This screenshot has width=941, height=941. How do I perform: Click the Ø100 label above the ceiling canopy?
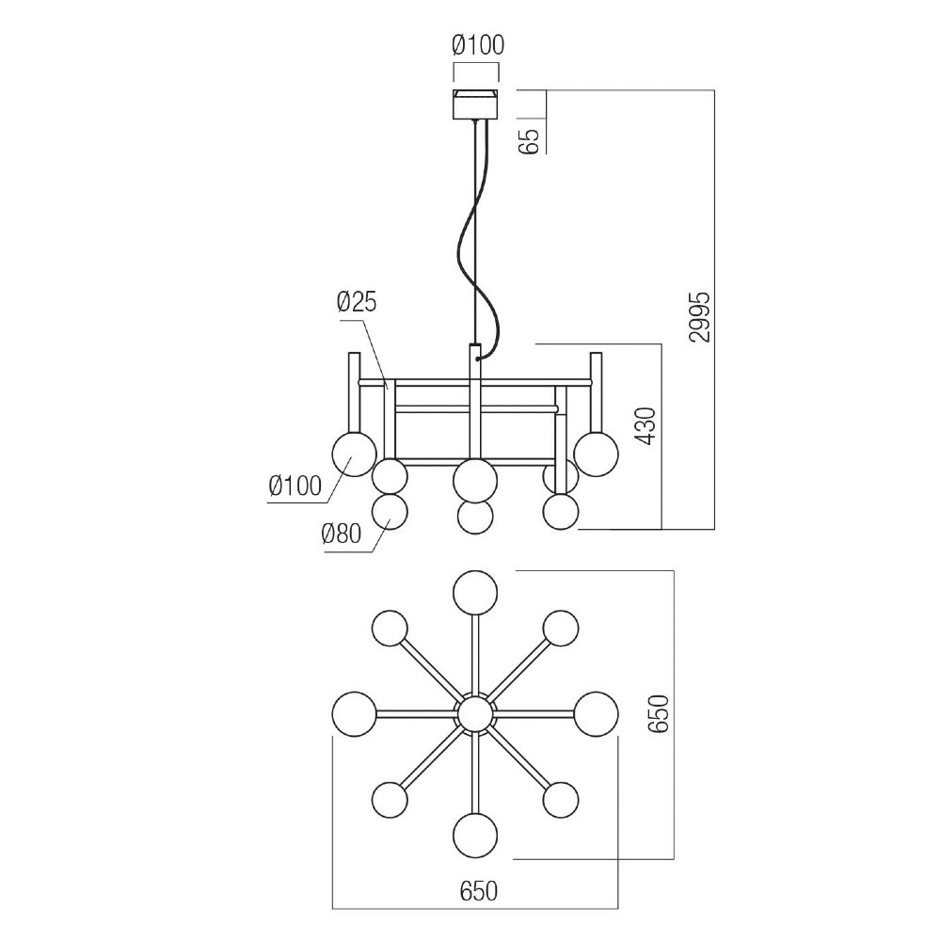(478, 44)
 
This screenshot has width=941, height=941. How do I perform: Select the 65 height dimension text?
(530, 139)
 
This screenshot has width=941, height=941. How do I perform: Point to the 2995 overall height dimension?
(697, 317)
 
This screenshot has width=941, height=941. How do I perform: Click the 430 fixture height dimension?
(646, 426)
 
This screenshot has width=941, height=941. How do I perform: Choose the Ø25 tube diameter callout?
(357, 302)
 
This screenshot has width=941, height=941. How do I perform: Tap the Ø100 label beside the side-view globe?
(295, 486)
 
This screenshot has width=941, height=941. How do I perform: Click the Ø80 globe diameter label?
(341, 534)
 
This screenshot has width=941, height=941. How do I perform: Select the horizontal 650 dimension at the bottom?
(478, 889)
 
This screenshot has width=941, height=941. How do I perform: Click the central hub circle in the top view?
(475, 714)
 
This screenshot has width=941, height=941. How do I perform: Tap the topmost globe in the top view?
(475, 593)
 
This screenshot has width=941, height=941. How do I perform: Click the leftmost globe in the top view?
(355, 713)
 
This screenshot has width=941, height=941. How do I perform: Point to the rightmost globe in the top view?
(597, 713)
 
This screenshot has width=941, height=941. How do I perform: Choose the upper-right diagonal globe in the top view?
(561, 629)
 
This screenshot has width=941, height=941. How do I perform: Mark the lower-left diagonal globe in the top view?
(390, 800)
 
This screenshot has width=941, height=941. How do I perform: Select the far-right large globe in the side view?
(597, 453)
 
